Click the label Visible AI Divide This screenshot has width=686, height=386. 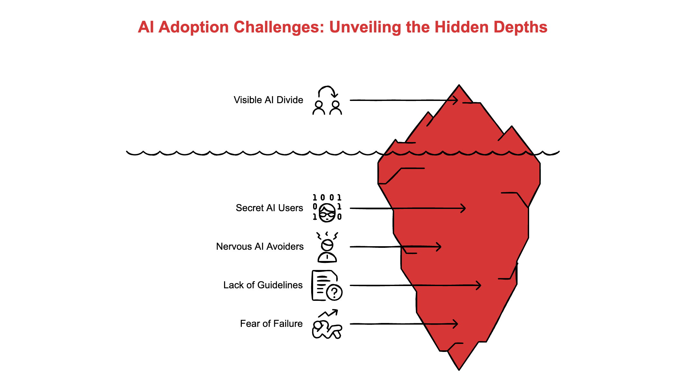point(268,100)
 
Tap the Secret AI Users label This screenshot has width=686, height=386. point(269,208)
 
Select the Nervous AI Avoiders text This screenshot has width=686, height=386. point(259,247)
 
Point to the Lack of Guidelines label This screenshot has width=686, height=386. point(263,285)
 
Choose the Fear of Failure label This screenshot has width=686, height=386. point(271,324)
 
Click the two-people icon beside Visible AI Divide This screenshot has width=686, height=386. point(327,101)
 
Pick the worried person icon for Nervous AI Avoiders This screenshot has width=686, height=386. point(327,247)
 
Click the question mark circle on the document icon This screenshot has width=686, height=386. point(334,292)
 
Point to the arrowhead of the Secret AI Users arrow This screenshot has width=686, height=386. point(464,208)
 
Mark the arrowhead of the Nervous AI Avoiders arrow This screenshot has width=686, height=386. point(439,247)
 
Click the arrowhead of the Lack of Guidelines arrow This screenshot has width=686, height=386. point(479,285)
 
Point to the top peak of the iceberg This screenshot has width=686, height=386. point(459,86)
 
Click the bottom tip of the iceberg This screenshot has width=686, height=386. point(459,369)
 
